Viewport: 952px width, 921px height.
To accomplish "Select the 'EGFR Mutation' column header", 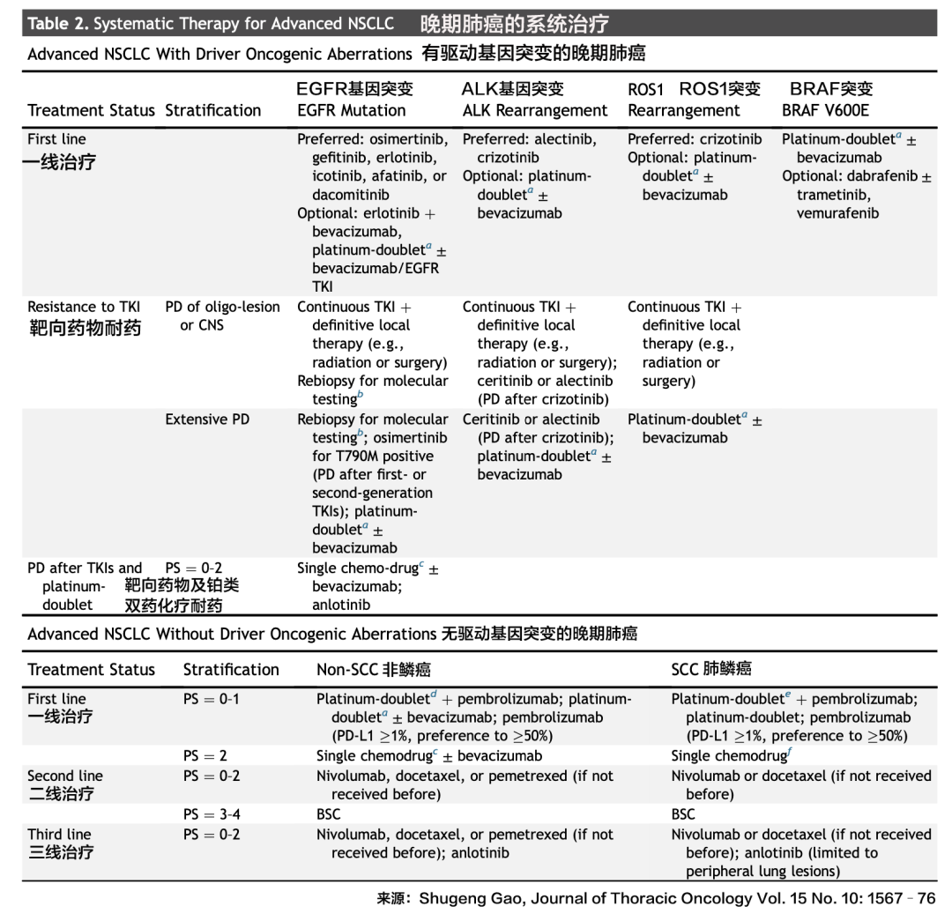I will coord(351,111).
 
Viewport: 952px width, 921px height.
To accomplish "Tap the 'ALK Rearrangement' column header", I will coord(535,111).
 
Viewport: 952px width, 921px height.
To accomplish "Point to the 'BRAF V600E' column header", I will coord(824,111).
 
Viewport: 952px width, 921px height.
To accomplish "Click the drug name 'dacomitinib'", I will coord(350,195).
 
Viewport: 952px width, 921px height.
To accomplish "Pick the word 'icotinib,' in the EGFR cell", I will coord(339,176).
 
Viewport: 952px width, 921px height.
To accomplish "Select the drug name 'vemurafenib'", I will coord(837,213).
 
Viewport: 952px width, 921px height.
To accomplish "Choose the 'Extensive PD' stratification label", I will coord(207,420).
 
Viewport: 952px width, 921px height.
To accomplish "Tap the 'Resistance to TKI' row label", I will coord(84,308).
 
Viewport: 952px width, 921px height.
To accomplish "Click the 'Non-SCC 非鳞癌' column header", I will coord(373,670).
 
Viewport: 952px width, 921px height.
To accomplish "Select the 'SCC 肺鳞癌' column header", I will coord(710,670).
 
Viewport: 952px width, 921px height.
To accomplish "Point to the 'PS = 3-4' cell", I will coord(211,815).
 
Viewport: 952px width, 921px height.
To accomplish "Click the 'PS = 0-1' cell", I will coord(211,700).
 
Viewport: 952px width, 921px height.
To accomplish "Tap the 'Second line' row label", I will coord(64,776).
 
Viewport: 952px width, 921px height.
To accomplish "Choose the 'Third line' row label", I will coord(58,835).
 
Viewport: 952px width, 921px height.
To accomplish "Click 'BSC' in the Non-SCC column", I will coord(328,815).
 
